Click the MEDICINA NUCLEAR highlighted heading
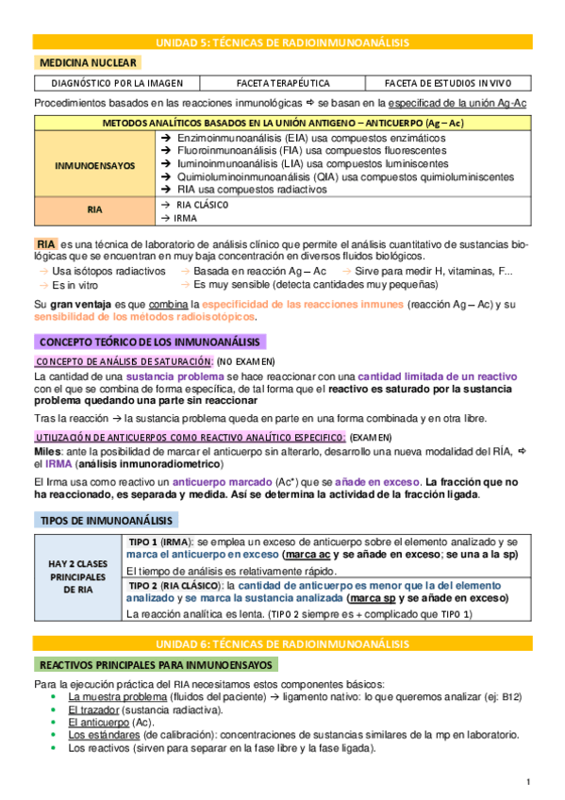click(89, 62)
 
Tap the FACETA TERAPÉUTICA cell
click(282, 83)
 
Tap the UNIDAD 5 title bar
click(282, 42)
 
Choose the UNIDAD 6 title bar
click(282, 643)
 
